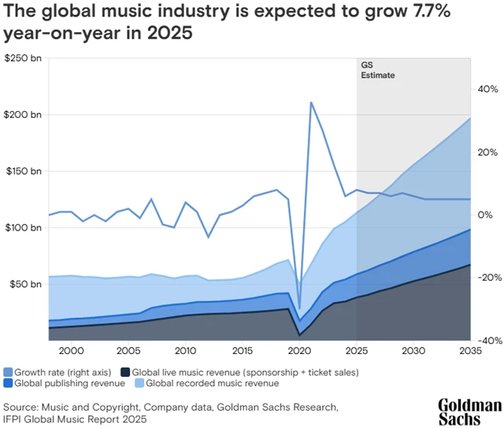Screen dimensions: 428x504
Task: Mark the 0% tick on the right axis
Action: point(484,215)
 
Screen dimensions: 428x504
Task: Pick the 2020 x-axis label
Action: point(299,350)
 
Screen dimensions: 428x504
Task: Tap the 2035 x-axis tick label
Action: point(470,350)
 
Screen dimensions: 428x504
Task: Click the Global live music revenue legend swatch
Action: point(125,371)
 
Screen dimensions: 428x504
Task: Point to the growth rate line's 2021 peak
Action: point(312,102)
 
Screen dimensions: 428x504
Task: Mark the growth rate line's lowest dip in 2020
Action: point(299,309)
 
